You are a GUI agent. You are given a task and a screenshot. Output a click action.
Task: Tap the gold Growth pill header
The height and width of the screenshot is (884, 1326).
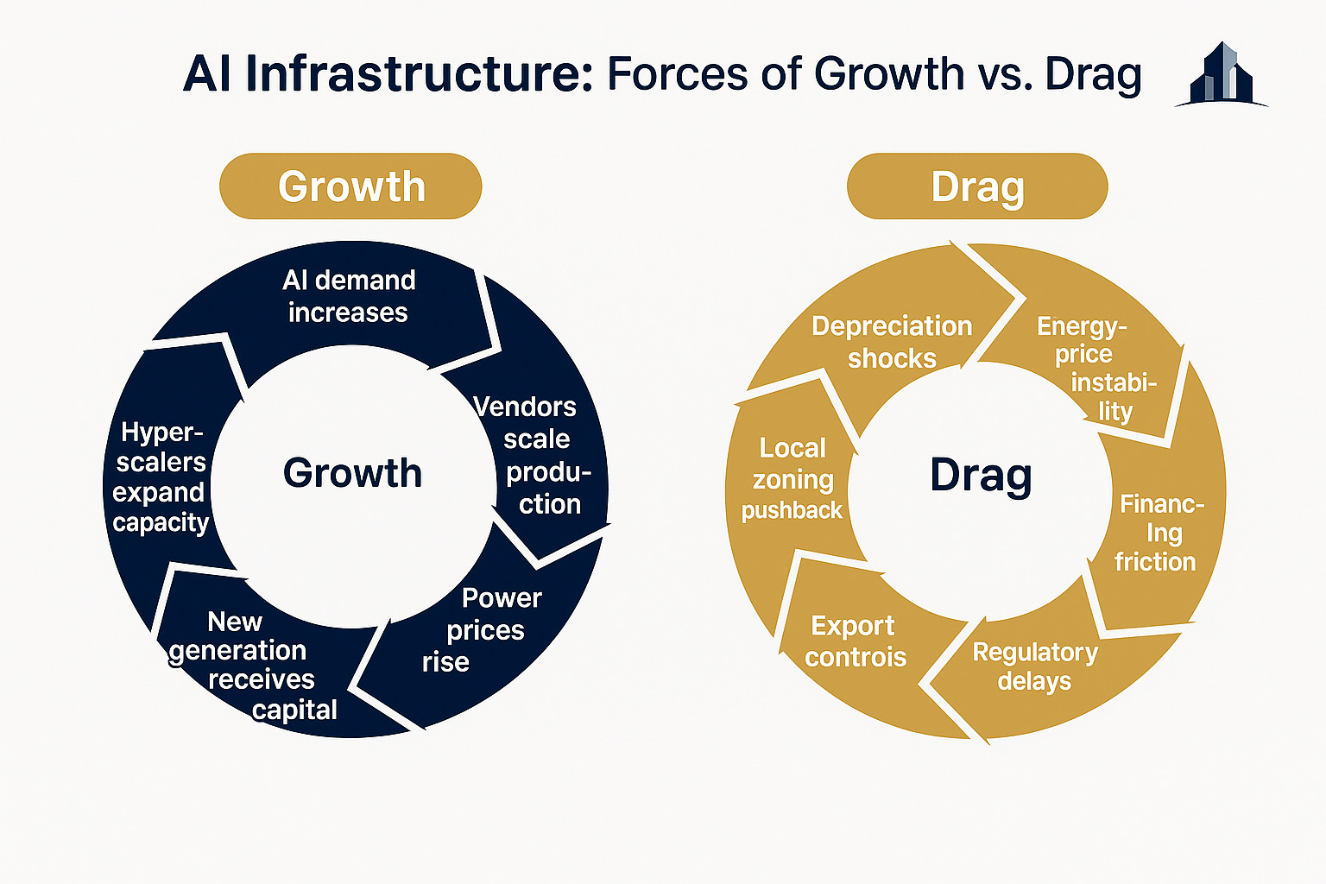pyautogui.click(x=350, y=186)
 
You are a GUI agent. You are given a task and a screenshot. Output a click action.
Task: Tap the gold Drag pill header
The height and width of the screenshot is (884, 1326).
pyautogui.click(x=977, y=186)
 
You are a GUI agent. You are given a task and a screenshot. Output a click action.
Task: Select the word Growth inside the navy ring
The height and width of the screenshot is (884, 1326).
pyautogui.click(x=352, y=474)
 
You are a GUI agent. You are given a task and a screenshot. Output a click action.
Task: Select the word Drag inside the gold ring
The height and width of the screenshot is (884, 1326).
pyautogui.click(x=981, y=476)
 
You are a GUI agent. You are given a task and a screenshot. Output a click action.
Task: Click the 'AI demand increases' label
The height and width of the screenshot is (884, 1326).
pyautogui.click(x=349, y=296)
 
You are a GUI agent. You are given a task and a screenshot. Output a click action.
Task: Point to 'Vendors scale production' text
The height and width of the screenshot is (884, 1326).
pyautogui.click(x=533, y=455)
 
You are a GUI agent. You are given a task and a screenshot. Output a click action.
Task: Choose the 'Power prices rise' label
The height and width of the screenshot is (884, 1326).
pyautogui.click(x=482, y=630)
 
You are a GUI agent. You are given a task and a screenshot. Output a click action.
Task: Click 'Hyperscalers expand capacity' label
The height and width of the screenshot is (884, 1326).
pyautogui.click(x=161, y=477)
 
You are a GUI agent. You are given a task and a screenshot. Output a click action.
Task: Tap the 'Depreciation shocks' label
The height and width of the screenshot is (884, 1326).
pyautogui.click(x=892, y=342)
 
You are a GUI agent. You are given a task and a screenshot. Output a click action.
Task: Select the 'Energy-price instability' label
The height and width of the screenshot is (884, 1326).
pyautogui.click(x=1096, y=369)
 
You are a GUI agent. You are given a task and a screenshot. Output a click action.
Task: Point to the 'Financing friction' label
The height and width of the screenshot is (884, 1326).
pyautogui.click(x=1159, y=533)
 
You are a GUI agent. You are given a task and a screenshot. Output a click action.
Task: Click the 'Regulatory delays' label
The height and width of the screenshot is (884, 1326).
pyautogui.click(x=1035, y=666)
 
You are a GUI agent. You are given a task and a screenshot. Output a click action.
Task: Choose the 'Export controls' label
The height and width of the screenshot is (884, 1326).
pyautogui.click(x=855, y=641)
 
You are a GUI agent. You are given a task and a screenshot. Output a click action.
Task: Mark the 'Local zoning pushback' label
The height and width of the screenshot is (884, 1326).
pyautogui.click(x=792, y=479)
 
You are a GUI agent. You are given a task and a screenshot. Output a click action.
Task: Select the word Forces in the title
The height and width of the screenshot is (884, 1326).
pyautogui.click(x=677, y=74)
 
